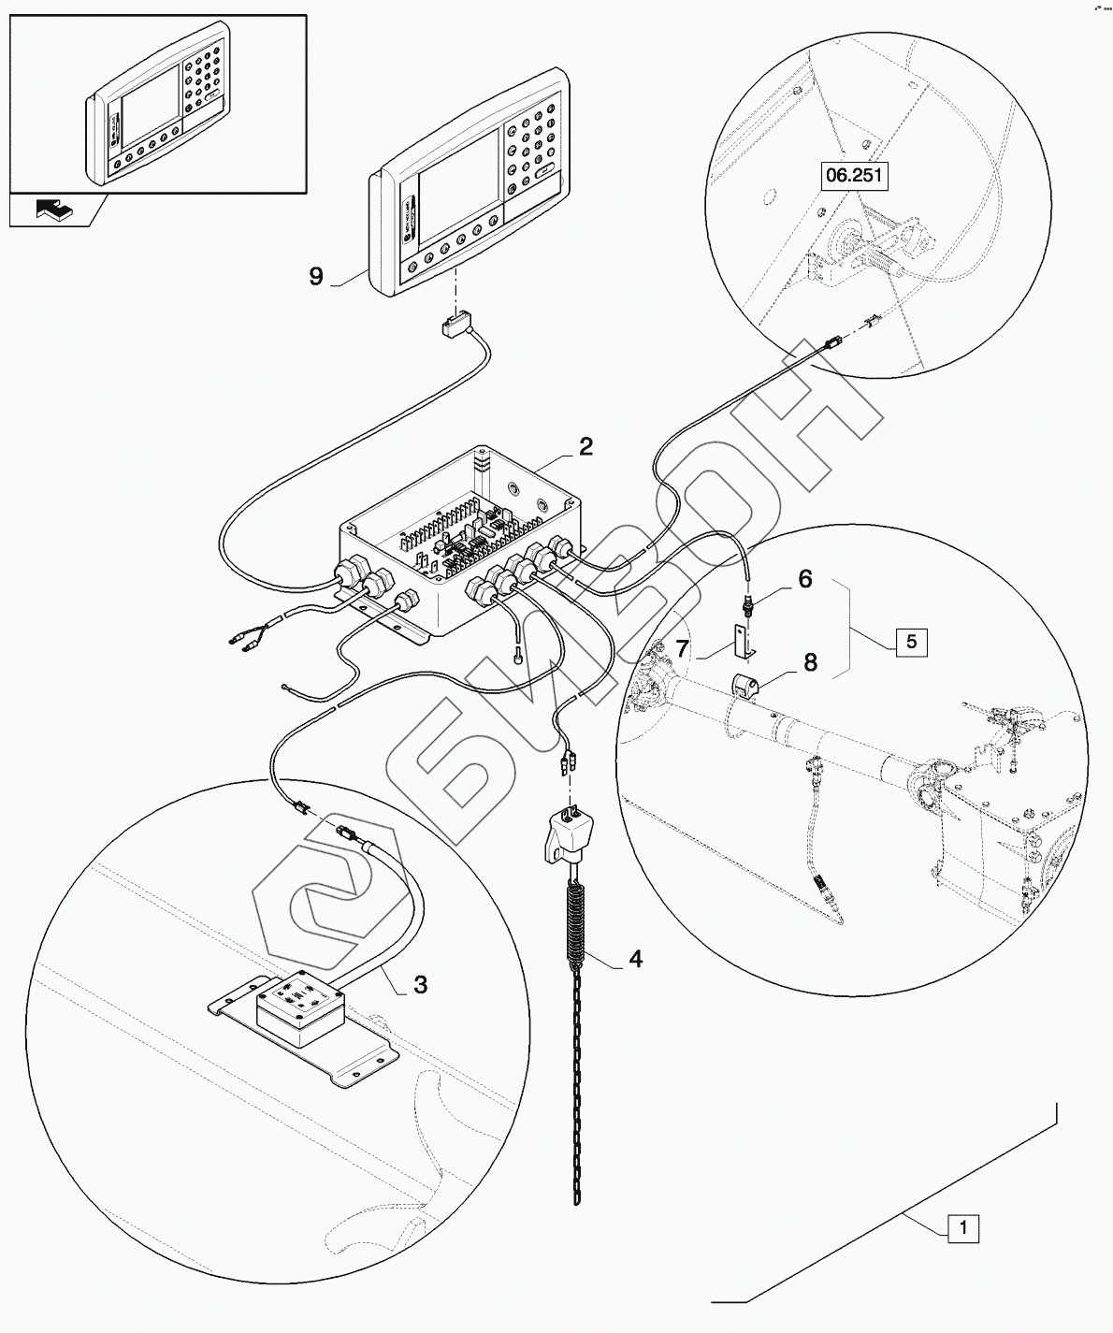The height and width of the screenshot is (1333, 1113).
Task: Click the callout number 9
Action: click(315, 277)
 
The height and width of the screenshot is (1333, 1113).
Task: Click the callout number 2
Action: click(585, 447)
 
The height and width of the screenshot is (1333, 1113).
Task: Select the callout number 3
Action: click(421, 983)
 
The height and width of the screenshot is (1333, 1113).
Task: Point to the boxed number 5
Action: click(912, 643)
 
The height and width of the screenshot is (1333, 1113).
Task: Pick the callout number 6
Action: click(804, 580)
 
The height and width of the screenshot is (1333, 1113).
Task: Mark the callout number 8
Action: click(809, 662)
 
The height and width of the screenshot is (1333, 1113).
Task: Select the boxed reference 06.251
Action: click(853, 176)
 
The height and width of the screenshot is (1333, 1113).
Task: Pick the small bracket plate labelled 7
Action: click(744, 641)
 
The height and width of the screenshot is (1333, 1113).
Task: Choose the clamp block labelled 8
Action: click(747, 687)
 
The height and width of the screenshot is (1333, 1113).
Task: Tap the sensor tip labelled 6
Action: click(748, 603)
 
